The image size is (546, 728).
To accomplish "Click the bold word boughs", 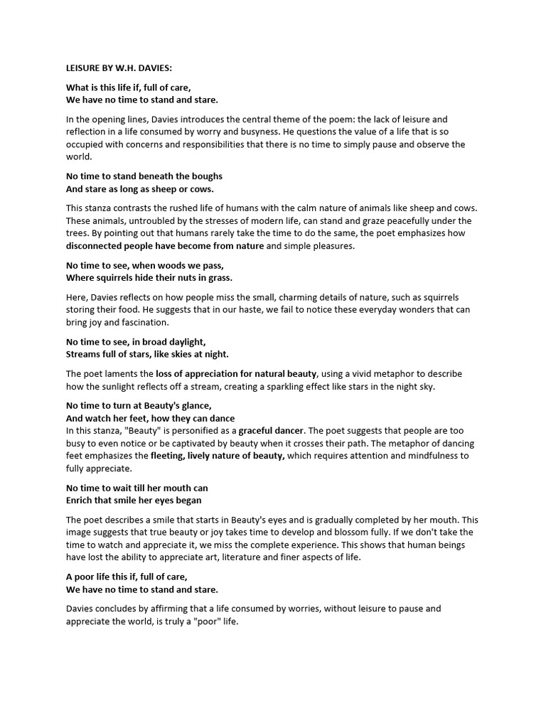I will point(203,176).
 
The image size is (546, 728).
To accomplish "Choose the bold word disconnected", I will point(95,246).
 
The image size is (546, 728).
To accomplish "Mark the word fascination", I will point(141,322).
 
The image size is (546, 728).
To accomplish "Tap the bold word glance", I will point(192,405).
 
